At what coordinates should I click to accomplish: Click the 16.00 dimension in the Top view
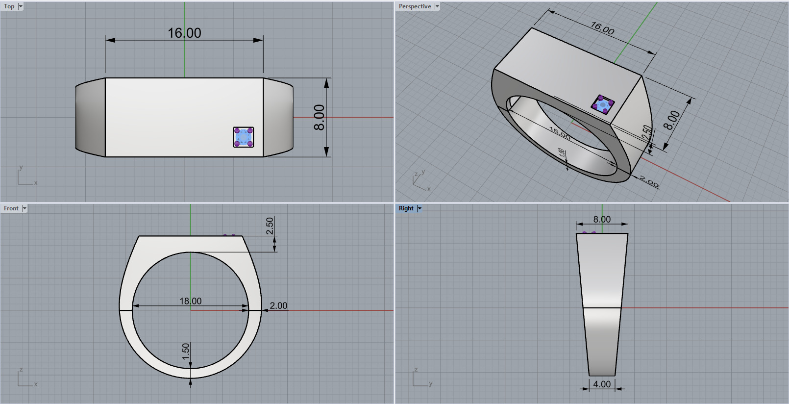click(x=184, y=33)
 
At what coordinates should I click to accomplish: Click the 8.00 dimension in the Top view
click(x=319, y=118)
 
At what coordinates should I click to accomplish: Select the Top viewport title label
click(x=9, y=6)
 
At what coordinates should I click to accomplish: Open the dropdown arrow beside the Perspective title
click(x=437, y=6)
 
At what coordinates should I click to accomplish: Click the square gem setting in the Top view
click(x=244, y=137)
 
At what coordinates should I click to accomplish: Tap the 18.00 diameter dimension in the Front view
click(x=190, y=301)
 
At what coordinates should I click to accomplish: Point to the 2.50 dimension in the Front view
click(x=270, y=226)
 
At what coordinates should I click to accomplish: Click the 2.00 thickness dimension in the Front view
click(x=278, y=305)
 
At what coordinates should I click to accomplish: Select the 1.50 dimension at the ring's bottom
click(x=186, y=351)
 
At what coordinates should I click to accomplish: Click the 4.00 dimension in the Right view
click(x=602, y=384)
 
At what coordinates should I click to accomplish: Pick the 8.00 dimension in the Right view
click(x=602, y=219)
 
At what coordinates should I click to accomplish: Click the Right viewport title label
click(x=406, y=208)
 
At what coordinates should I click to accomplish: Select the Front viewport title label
click(x=11, y=208)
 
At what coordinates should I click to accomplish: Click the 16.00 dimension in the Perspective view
click(x=602, y=28)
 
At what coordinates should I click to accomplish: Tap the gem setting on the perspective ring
click(x=603, y=104)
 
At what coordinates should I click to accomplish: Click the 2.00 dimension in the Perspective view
click(x=649, y=182)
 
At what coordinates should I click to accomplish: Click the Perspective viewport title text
click(x=415, y=6)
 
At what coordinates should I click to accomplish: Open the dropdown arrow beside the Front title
click(x=25, y=208)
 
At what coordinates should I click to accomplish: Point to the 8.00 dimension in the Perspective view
click(x=671, y=120)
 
